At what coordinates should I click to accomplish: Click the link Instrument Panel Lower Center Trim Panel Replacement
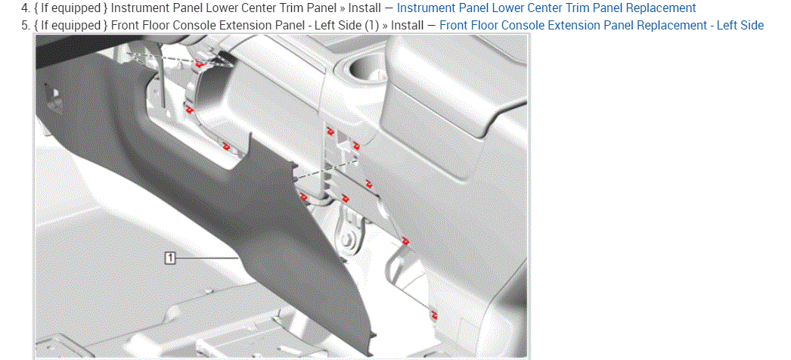[546, 8]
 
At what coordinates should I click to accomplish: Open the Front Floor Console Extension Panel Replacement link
[602, 25]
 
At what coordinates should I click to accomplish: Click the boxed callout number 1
[170, 258]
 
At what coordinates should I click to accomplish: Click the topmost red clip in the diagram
[200, 64]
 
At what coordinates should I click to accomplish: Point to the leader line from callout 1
[207, 258]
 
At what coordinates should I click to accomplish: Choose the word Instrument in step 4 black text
[140, 8]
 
